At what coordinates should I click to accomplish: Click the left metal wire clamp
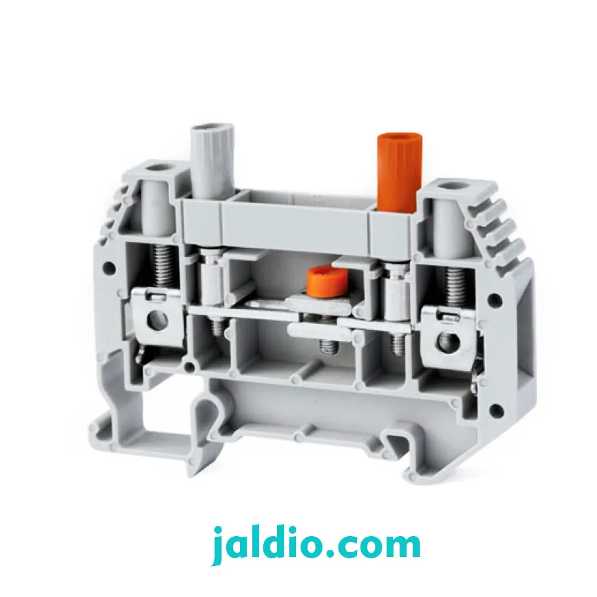(x=155, y=318)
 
